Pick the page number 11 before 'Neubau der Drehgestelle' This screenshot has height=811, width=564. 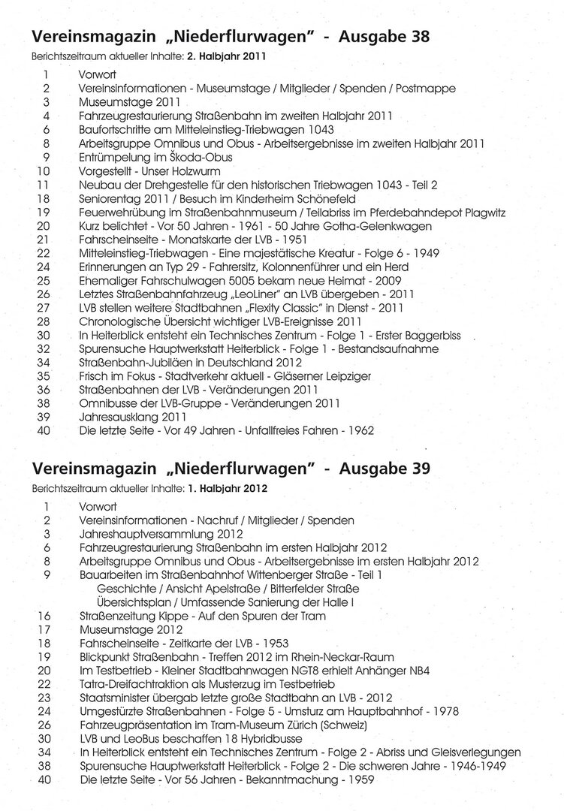[x=43, y=184]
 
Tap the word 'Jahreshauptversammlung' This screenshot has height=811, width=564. [x=145, y=534]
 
